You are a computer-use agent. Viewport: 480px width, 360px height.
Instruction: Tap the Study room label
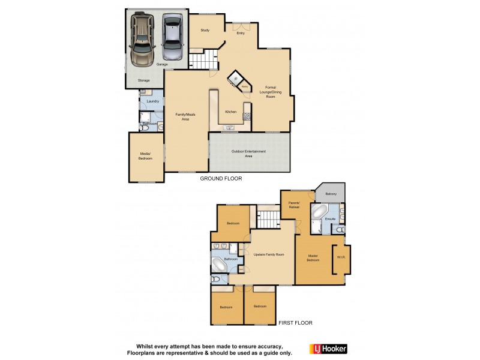coord(205,29)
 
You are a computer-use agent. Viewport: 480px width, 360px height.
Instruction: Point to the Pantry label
coord(245,88)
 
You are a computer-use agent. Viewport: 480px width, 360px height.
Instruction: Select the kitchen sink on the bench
coord(230,127)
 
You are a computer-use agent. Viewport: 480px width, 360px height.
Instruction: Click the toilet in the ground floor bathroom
coord(145,127)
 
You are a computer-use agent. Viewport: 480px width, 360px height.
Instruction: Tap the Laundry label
coord(152,101)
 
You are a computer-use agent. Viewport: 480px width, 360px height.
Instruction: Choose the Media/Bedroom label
coord(145,156)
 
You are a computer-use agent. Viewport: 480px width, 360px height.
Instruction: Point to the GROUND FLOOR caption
coord(220,179)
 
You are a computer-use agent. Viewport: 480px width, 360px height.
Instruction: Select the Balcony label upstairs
coord(331,194)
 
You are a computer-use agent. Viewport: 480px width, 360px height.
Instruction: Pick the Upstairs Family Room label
coord(269,254)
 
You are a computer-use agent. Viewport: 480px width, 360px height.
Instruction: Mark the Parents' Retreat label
coord(293,206)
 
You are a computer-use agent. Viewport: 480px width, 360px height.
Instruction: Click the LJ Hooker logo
coord(328,349)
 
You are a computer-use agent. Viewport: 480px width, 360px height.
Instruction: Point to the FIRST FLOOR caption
coord(295,323)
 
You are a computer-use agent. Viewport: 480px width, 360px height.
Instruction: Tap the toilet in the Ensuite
coord(340,229)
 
